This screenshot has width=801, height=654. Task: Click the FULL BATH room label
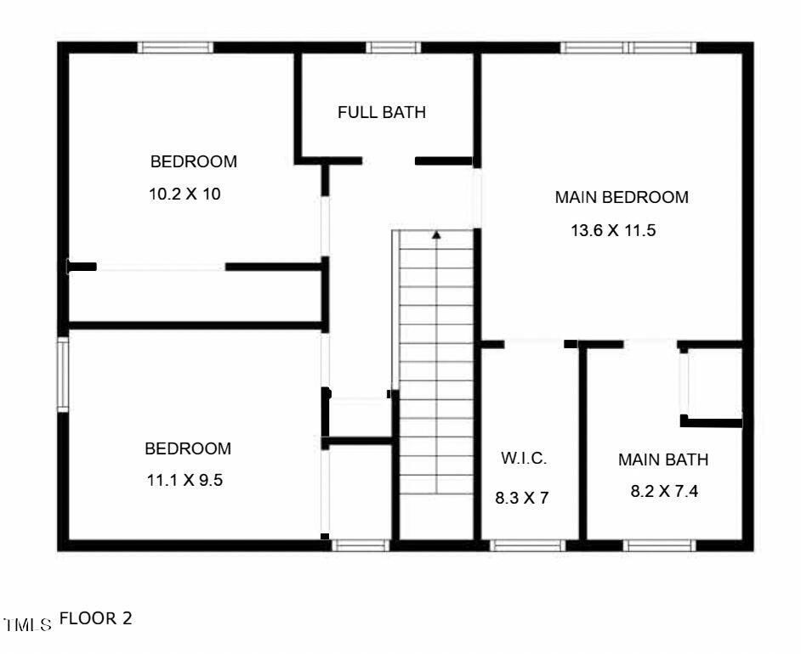pyautogui.click(x=381, y=112)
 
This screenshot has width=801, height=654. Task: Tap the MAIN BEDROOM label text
pyautogui.click(x=622, y=198)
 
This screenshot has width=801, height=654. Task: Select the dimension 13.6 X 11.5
pyautogui.click(x=613, y=230)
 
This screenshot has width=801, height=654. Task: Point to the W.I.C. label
pyautogui.click(x=524, y=459)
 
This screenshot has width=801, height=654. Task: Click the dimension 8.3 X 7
pyautogui.click(x=522, y=498)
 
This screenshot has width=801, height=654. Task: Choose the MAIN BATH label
pyautogui.click(x=663, y=460)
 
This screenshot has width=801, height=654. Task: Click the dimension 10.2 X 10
pyautogui.click(x=185, y=194)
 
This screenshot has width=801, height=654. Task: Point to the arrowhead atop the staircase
pyautogui.click(x=436, y=234)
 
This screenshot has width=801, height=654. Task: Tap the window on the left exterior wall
pyautogui.click(x=63, y=375)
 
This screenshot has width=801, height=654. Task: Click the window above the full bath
pyautogui.click(x=394, y=48)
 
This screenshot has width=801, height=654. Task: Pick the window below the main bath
pyautogui.click(x=660, y=545)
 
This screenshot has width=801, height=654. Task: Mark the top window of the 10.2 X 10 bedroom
pyautogui.click(x=175, y=48)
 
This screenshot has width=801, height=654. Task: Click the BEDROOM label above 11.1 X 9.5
pyautogui.click(x=188, y=448)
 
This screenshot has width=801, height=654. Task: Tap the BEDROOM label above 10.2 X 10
pyautogui.click(x=194, y=161)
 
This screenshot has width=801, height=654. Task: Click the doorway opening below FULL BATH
pyautogui.click(x=388, y=161)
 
